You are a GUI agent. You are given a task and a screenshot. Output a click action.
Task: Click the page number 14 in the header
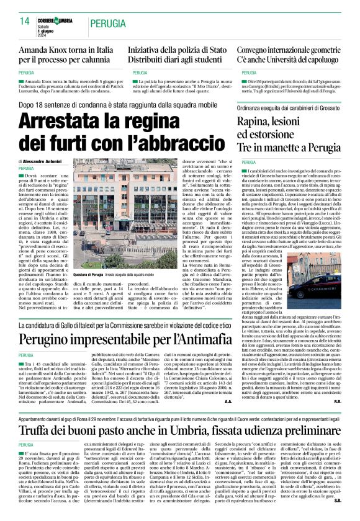pos(25,22)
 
